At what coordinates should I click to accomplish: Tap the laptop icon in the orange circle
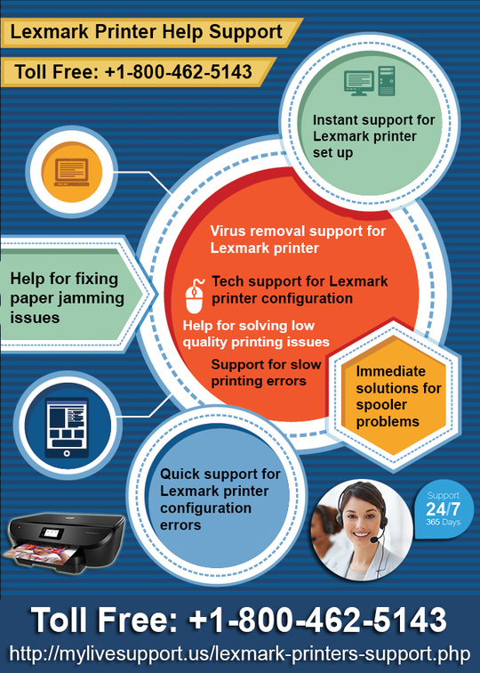(72, 172)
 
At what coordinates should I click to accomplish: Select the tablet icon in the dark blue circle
(67, 428)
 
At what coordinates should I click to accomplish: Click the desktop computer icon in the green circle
(370, 81)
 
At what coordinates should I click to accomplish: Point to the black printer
(63, 544)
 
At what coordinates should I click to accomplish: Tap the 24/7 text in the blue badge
(443, 509)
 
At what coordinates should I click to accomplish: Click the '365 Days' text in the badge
(443, 523)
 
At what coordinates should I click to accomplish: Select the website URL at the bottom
(240, 654)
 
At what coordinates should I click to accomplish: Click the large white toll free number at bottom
(239, 620)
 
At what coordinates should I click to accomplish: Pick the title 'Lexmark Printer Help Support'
(146, 32)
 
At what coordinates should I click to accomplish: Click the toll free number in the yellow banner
(133, 71)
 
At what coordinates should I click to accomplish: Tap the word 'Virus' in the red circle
(228, 231)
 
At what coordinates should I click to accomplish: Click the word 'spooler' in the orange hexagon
(381, 405)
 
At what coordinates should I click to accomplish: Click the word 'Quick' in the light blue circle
(180, 474)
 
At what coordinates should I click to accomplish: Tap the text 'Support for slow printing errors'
(266, 372)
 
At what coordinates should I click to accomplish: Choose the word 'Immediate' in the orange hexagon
(390, 371)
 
